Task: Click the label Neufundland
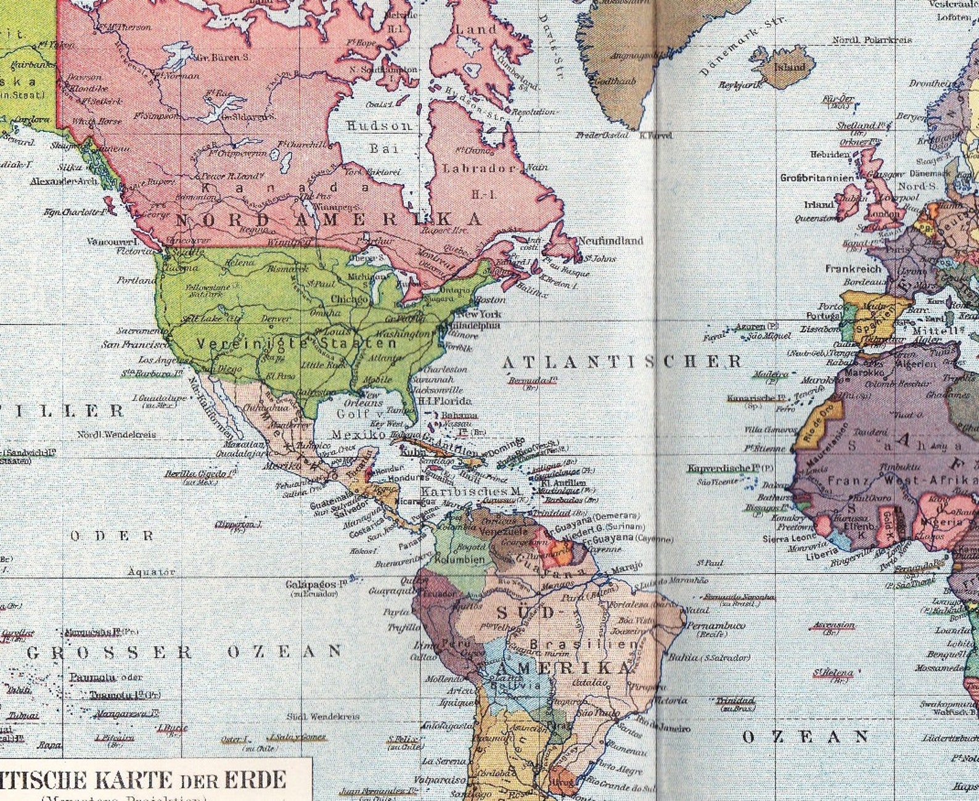[610, 240]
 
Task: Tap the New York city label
[480, 313]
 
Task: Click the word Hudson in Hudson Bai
[379, 126]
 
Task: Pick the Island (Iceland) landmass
[790, 67]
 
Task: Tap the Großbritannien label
[817, 178]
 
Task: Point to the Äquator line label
[152, 572]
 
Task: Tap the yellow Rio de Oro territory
[822, 425]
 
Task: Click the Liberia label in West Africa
[823, 555]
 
